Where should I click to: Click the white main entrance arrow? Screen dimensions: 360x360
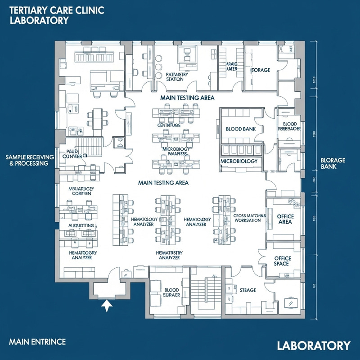click(106, 306)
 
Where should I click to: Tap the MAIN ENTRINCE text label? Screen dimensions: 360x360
click(37, 342)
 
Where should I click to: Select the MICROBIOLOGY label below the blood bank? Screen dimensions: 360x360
click(238, 161)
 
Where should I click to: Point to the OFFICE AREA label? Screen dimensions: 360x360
click(285, 219)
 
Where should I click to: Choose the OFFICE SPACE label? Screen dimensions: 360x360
click(283, 261)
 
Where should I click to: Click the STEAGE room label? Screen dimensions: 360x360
click(247, 290)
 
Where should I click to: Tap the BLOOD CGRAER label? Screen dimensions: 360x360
click(172, 293)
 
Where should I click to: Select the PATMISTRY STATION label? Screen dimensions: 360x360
click(174, 76)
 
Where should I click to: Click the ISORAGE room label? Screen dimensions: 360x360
click(260, 71)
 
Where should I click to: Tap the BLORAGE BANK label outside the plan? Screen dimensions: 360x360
click(333, 163)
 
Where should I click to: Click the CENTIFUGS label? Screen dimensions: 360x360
click(169, 125)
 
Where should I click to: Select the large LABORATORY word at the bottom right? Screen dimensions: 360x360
click(313, 346)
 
